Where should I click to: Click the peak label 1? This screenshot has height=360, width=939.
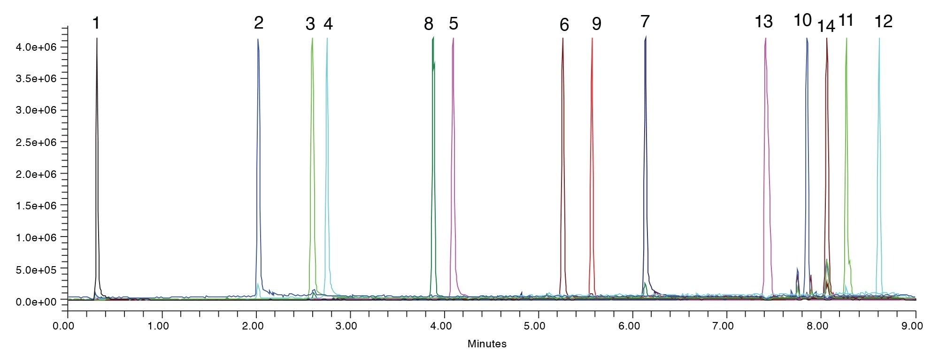96,23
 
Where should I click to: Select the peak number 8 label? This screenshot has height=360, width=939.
428,24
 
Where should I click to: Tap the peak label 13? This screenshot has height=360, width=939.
763,22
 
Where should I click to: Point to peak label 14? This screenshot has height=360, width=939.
826,26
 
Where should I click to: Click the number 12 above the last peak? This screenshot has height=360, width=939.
883,21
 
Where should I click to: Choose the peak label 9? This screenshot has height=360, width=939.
596,24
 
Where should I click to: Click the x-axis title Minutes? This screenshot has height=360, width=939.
487,344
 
